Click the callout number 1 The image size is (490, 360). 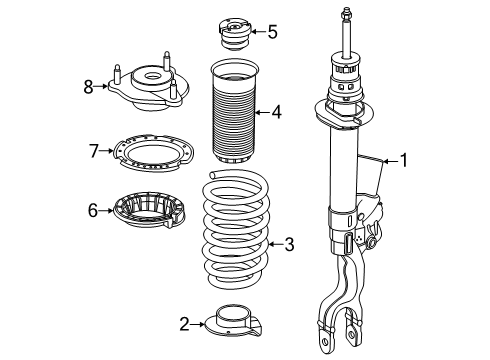[404, 160]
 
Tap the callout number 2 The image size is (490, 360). [184, 324]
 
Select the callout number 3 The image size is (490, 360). [289, 244]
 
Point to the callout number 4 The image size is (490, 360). [276, 112]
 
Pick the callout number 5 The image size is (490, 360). [273, 32]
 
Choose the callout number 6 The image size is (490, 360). [93, 210]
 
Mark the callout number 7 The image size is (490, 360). [94, 151]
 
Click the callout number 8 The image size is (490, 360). [88, 87]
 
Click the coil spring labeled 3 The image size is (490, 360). [236, 229]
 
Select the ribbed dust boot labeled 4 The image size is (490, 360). [235, 112]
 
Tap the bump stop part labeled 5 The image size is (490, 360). [235, 34]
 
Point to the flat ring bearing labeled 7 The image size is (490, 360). [154, 153]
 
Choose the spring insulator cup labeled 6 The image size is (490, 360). [149, 210]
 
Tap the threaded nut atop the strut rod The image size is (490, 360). [345, 15]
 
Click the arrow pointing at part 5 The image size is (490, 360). [258, 32]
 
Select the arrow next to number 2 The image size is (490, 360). [198, 324]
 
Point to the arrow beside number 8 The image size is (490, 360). [101, 87]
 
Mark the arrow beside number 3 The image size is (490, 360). [275, 245]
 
